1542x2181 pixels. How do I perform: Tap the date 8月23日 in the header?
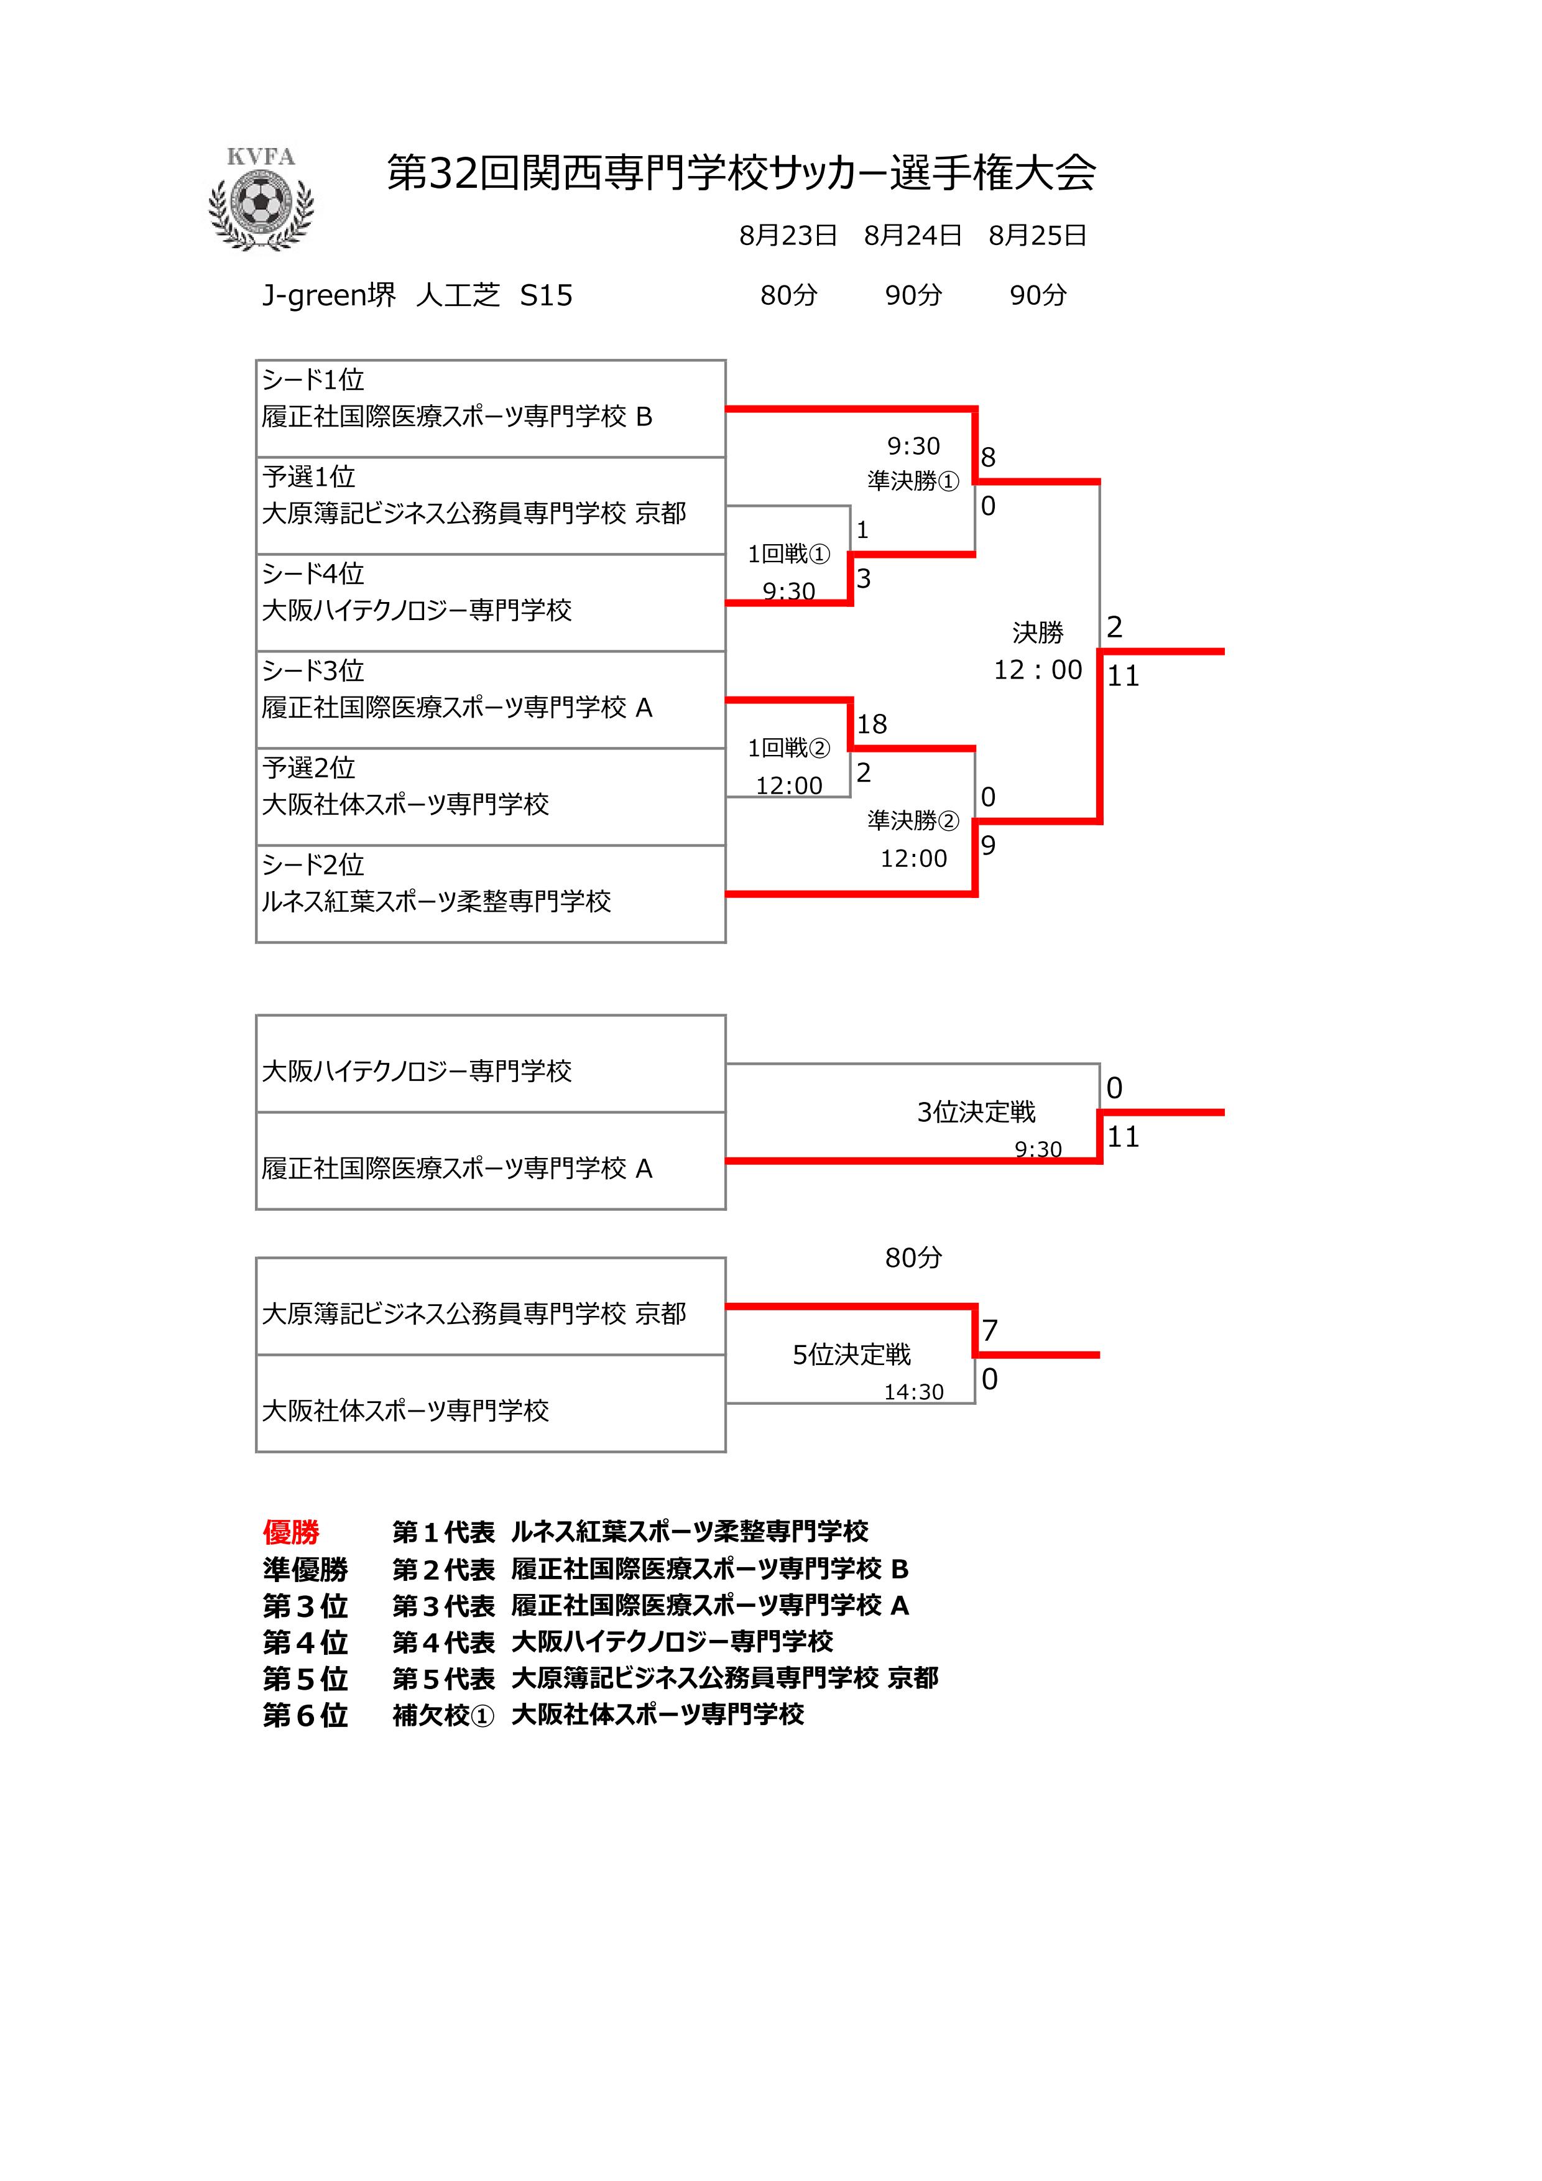(x=788, y=236)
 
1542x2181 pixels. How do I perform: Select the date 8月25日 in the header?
(x=1037, y=236)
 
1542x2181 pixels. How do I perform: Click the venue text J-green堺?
(x=328, y=295)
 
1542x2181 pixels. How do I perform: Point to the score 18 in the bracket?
(x=872, y=725)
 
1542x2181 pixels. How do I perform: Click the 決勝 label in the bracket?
(x=1038, y=632)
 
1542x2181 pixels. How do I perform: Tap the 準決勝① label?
(x=913, y=481)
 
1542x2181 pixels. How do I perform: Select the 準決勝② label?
(x=913, y=821)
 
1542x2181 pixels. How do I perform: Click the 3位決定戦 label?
(x=976, y=1113)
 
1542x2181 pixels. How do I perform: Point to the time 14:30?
(x=913, y=1392)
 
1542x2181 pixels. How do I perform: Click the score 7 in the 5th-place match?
(x=989, y=1331)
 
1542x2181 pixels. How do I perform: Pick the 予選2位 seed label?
(x=308, y=767)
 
